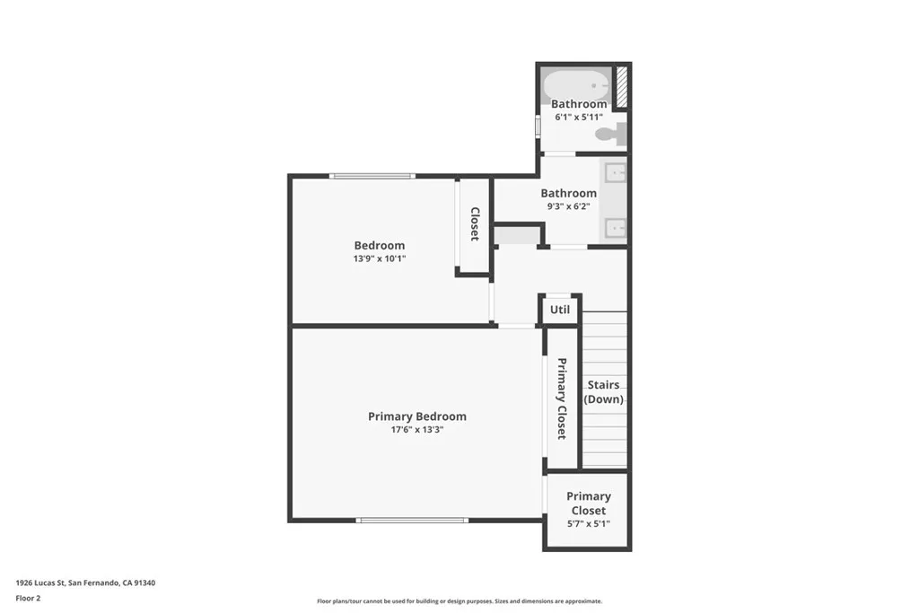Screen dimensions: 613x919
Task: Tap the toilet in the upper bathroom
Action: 609,136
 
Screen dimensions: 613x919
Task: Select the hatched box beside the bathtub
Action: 621,86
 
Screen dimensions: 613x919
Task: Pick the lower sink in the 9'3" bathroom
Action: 616,228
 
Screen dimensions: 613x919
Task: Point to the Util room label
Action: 560,310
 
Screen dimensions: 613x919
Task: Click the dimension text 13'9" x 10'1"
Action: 379,258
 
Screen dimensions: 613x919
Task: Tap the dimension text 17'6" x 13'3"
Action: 416,429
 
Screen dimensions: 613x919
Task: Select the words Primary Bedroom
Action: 416,416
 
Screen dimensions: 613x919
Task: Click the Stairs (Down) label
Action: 603,392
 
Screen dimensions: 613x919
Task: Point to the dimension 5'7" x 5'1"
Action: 588,524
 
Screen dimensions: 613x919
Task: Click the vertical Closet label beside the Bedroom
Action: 475,224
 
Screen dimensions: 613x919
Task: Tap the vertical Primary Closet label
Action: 562,398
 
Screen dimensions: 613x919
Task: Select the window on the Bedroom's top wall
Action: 372,176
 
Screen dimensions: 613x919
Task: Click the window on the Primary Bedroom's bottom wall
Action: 412,520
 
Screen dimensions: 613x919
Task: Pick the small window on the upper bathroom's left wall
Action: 538,125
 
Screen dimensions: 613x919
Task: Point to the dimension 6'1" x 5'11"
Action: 578,117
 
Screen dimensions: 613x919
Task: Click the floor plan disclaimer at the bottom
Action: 459,601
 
